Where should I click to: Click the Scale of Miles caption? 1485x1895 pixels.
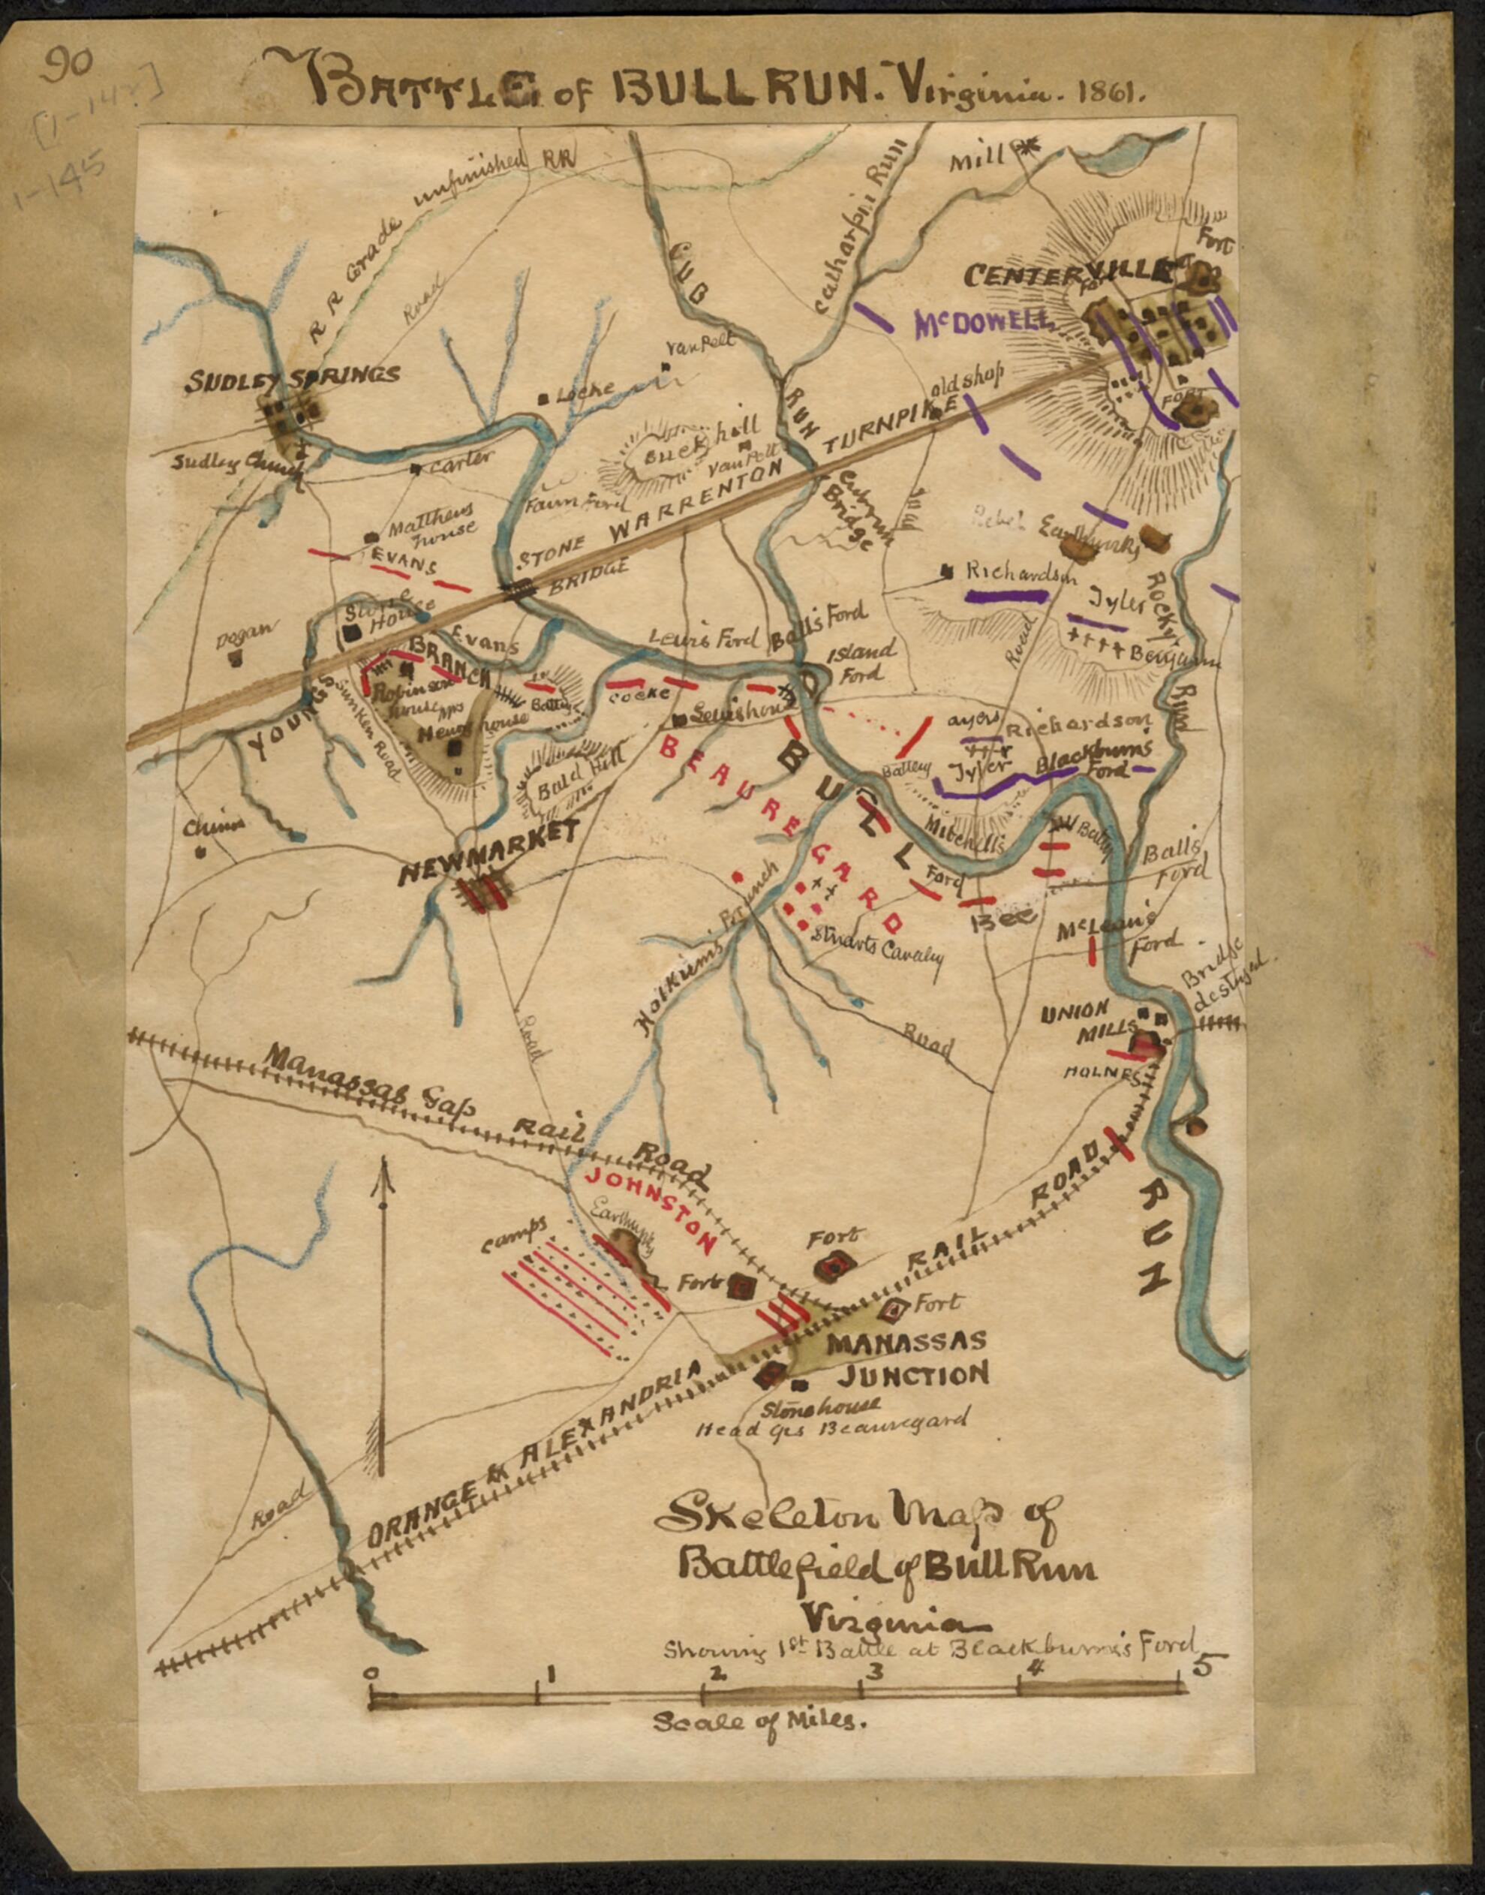coord(759,1719)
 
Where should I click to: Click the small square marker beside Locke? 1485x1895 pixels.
coord(543,399)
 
